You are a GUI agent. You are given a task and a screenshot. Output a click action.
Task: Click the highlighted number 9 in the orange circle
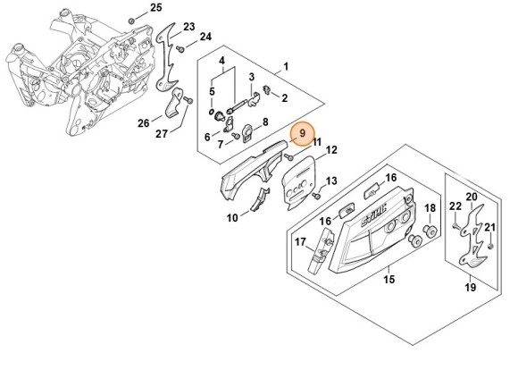coord(303,135)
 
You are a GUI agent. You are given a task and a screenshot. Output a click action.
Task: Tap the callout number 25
coord(156,8)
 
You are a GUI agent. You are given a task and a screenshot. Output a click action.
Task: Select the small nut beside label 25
coord(132,18)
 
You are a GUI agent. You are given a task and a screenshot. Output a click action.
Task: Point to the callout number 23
coord(188,27)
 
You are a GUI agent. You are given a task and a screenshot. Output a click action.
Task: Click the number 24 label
coord(205,37)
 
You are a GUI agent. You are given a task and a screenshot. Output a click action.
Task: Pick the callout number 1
coord(286,66)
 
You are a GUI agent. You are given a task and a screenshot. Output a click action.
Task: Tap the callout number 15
coord(389,280)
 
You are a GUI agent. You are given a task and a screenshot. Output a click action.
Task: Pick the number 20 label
coord(471,197)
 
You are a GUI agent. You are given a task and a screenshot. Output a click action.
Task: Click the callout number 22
coord(455,207)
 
